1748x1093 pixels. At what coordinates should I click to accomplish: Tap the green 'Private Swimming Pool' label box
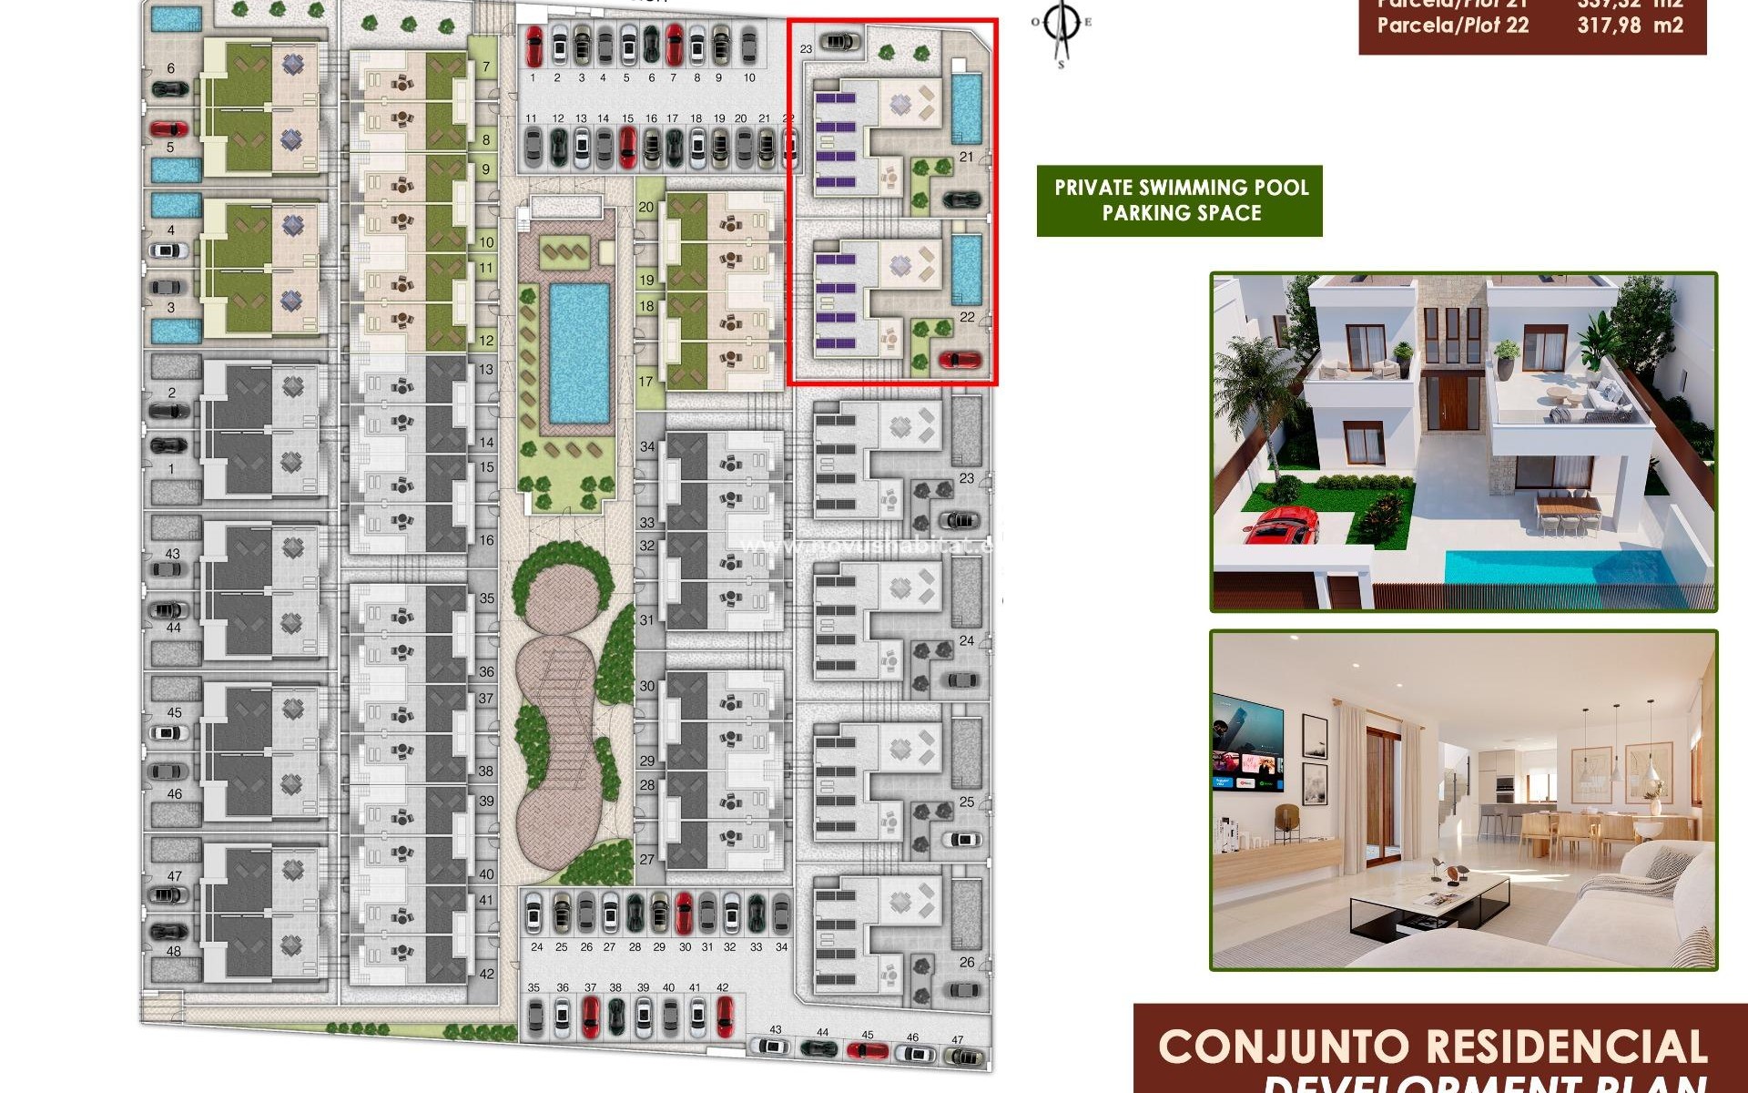point(1180,200)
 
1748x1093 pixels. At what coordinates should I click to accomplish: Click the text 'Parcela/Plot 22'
point(1452,26)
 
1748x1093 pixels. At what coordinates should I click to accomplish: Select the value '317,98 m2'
point(1630,26)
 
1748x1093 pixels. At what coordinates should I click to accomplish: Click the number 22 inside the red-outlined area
point(967,317)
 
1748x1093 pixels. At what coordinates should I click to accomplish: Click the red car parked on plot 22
point(960,359)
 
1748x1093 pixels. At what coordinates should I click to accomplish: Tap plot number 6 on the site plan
point(171,68)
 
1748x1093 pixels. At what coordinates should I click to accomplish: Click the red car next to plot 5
point(169,128)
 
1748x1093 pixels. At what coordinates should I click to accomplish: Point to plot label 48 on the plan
point(173,951)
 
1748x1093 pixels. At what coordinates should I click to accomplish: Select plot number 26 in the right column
point(967,962)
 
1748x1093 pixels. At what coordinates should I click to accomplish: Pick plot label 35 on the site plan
point(487,598)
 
